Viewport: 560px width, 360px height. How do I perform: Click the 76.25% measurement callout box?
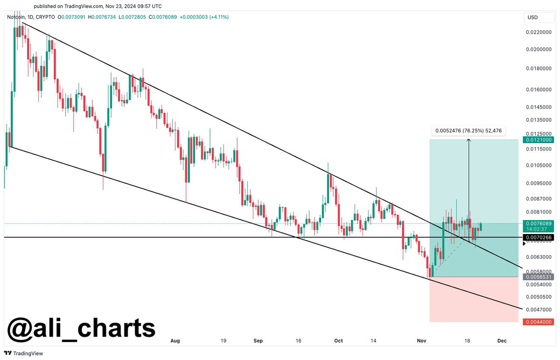coord(468,131)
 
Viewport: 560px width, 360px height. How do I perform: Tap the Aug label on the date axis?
coord(175,341)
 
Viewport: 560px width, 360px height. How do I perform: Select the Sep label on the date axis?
coord(259,341)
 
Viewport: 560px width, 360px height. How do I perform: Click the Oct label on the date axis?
coord(338,341)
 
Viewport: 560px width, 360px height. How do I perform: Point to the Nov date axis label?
coord(420,341)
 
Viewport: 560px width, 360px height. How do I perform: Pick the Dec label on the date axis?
coord(502,341)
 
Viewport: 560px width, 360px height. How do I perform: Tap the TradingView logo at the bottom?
coord(23,353)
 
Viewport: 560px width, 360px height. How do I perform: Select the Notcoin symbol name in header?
coord(17,17)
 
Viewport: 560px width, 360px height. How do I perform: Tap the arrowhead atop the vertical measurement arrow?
coord(469,140)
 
